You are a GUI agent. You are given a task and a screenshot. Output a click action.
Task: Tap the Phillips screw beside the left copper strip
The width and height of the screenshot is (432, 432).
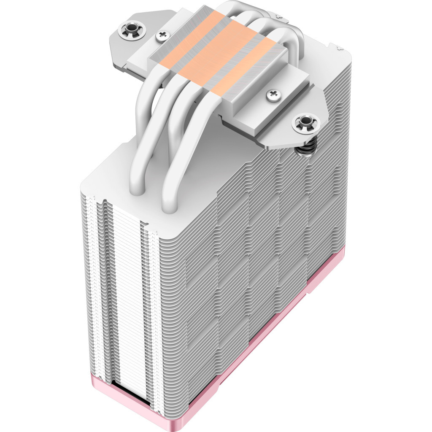click(162, 36)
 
